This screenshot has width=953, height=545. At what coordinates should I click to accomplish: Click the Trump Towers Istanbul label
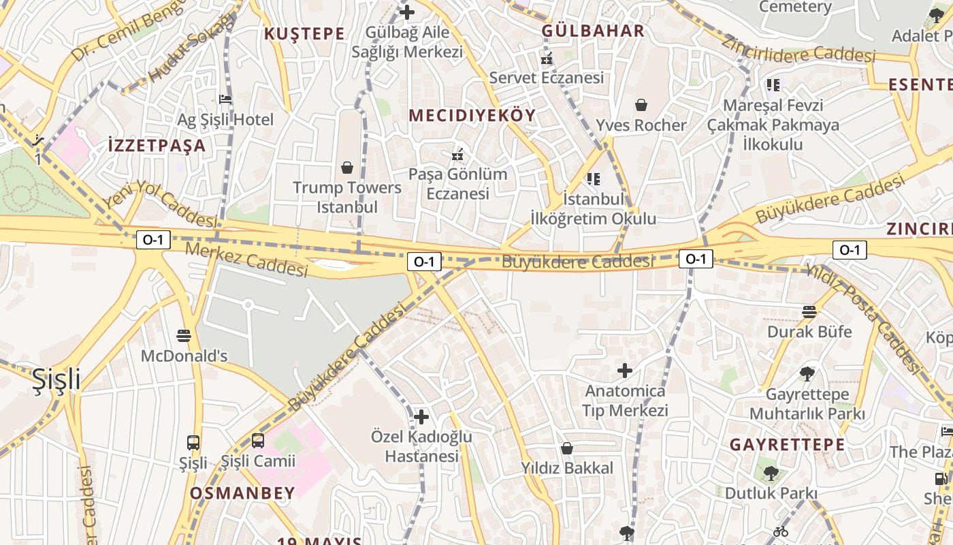pyautogui.click(x=347, y=197)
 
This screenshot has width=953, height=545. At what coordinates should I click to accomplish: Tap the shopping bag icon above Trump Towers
pyautogui.click(x=347, y=168)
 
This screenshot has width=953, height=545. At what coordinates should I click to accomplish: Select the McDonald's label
pyautogui.click(x=184, y=356)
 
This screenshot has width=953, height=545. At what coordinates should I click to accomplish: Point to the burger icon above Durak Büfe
pyautogui.click(x=809, y=312)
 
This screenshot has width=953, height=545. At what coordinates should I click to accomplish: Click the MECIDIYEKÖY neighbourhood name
pyautogui.click(x=472, y=116)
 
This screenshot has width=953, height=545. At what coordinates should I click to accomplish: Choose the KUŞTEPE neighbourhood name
pyautogui.click(x=304, y=34)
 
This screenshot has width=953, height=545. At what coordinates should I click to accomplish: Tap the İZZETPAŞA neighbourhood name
pyautogui.click(x=157, y=145)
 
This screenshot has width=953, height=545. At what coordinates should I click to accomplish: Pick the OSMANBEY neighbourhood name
pyautogui.click(x=242, y=493)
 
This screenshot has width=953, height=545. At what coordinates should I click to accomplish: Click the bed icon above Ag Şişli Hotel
pyautogui.click(x=225, y=99)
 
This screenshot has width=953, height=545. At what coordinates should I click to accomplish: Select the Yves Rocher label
pyautogui.click(x=641, y=125)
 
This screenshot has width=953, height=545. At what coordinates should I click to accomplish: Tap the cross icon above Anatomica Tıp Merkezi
pyautogui.click(x=625, y=371)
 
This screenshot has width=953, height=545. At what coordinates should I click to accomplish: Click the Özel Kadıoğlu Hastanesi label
pyautogui.click(x=421, y=446)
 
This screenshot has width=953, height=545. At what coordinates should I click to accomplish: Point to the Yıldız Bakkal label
pyautogui.click(x=567, y=468)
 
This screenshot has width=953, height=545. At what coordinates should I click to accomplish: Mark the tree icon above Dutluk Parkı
pyautogui.click(x=771, y=473)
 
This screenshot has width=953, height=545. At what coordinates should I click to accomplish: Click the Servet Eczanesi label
pyautogui.click(x=547, y=78)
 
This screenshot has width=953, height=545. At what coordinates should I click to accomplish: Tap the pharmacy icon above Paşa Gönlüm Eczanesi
pyautogui.click(x=458, y=155)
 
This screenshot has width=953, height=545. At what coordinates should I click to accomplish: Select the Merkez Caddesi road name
pyautogui.click(x=246, y=260)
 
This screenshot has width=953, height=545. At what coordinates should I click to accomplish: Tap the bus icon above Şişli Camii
pyautogui.click(x=258, y=441)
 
